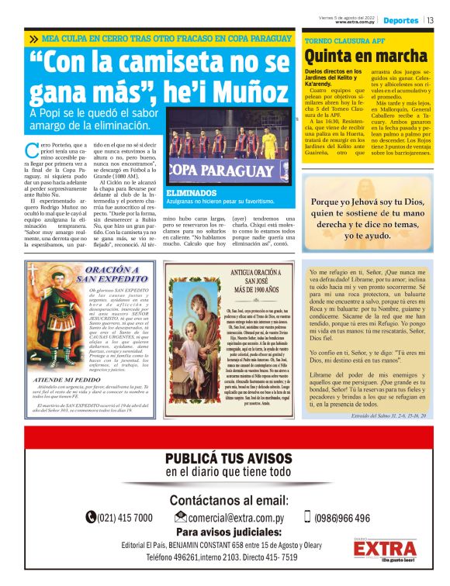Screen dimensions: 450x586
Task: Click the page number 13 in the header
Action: click(x=430, y=20)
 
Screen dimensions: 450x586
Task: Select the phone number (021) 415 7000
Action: click(x=125, y=518)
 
